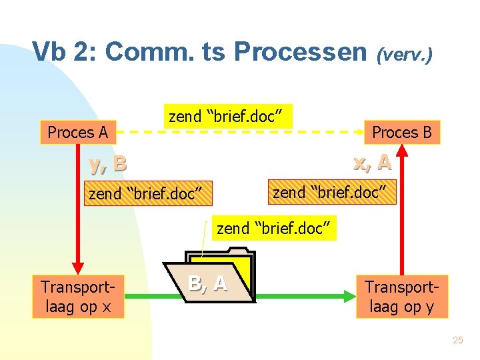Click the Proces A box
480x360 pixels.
[77, 132]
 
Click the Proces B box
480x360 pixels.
[401, 132]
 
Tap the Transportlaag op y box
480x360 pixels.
[401, 297]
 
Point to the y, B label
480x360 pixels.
[107, 163]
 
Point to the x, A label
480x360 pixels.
[372, 162]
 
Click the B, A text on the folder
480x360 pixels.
[207, 284]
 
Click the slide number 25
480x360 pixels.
[457, 341]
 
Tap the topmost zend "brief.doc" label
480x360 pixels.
[228, 117]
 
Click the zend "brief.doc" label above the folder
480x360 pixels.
[274, 229]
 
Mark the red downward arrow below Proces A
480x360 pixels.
[79, 207]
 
